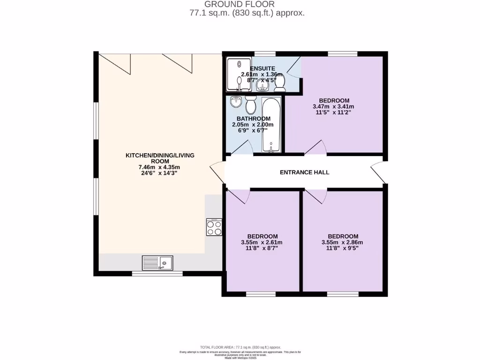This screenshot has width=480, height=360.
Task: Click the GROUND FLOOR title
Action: point(246,4)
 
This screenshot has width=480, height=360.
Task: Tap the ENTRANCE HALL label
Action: point(304,172)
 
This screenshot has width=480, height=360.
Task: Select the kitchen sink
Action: point(157,263)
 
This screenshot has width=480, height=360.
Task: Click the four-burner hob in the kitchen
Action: point(214,227)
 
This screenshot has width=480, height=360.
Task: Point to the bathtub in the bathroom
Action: point(271,125)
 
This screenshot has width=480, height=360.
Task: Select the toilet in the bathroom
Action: point(250,105)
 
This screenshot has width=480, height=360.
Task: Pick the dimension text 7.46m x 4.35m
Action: point(159,167)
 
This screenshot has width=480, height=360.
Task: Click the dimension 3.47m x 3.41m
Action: point(334,106)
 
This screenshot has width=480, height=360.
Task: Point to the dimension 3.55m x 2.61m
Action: point(262,242)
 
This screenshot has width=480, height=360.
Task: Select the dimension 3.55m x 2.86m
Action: point(343,242)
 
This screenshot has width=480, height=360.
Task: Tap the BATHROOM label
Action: point(253,119)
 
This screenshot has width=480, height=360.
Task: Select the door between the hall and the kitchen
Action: point(218,172)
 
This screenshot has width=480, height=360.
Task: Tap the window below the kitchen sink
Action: point(157,273)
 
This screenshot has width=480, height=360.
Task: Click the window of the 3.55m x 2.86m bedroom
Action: point(343,294)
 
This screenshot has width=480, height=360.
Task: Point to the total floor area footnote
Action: point(240,347)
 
